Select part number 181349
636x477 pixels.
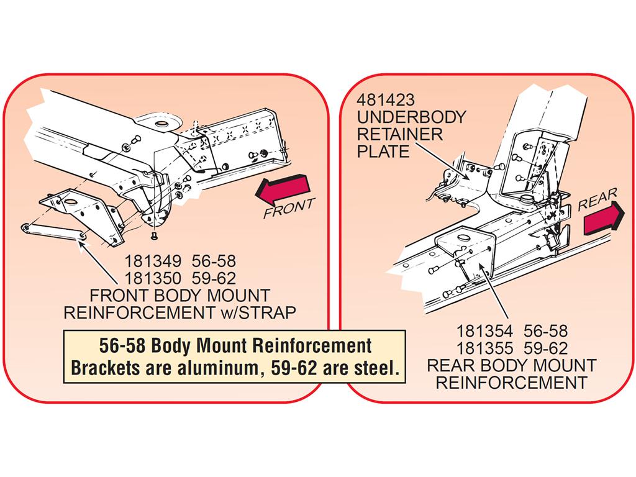153,261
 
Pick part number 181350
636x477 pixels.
153,279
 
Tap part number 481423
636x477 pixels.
386,100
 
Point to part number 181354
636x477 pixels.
484,332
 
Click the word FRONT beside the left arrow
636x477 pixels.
289,207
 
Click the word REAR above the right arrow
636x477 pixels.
597,199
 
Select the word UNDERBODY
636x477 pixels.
412,117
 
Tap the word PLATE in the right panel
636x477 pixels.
383,152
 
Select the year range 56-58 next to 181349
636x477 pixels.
214,261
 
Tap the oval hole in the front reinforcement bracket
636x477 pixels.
71,203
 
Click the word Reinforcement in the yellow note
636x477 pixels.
312,346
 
